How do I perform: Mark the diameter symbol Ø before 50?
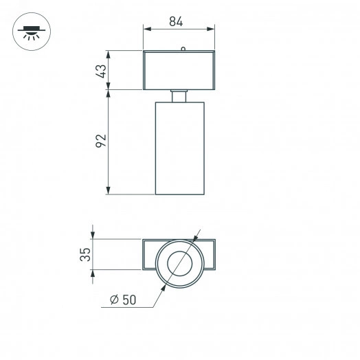tap(113, 300)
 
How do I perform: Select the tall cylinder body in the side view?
tap(179, 148)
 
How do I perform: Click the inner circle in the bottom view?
tap(181, 264)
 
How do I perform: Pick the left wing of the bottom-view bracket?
tap(150, 254)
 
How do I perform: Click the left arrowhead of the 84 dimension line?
tap(146, 29)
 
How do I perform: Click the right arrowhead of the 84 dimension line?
tap(211, 29)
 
